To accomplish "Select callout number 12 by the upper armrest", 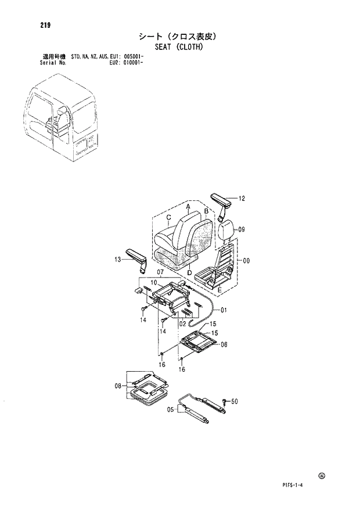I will [242, 199].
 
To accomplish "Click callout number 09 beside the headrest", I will [242, 229].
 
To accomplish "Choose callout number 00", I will [246, 261].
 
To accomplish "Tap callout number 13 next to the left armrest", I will [117, 260].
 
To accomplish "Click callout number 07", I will [161, 272].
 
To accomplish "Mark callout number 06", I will [224, 344].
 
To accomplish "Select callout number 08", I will [118, 385].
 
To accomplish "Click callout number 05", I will [171, 409].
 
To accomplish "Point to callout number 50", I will [235, 401].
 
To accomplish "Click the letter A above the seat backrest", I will [188, 206].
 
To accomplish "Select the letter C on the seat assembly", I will [167, 218].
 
